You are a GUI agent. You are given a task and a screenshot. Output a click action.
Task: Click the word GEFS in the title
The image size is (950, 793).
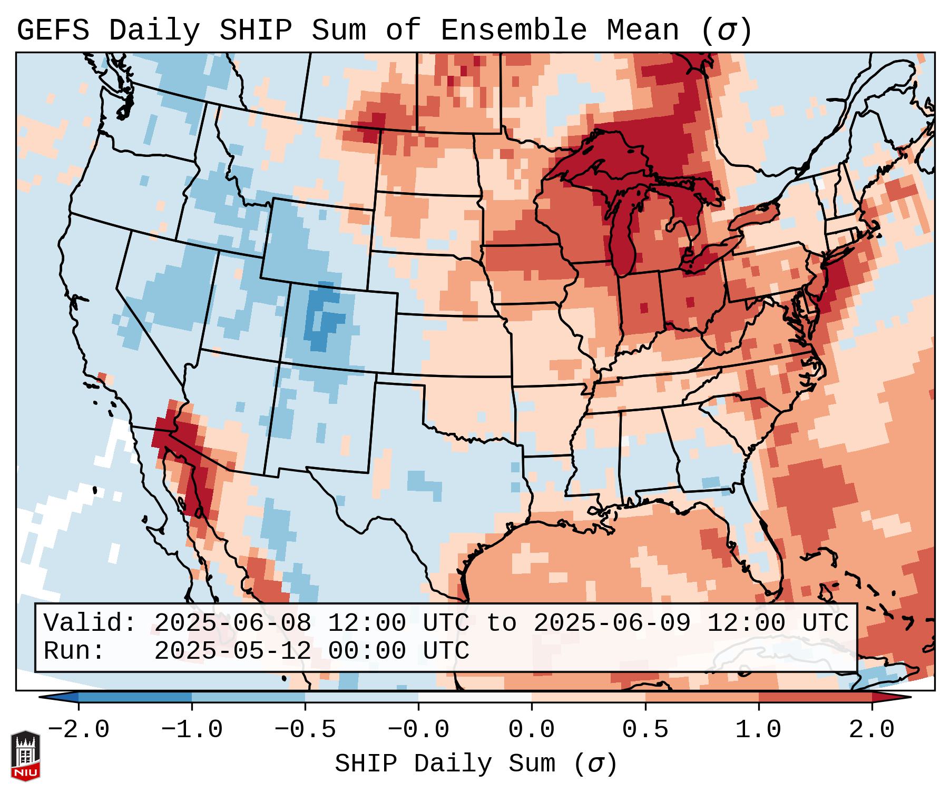(53, 31)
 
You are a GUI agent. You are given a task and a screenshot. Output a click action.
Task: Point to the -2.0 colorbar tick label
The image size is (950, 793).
(79, 730)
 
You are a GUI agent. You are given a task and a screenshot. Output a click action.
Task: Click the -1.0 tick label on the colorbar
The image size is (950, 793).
(192, 730)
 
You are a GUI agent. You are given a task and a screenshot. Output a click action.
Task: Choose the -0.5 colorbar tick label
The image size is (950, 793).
(305, 730)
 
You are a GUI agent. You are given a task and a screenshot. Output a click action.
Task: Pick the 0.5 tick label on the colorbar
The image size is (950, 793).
(645, 730)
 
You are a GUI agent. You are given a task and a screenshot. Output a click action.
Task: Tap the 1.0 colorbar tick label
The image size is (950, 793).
(758, 730)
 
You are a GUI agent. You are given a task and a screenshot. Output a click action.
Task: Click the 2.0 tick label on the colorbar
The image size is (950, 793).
(871, 730)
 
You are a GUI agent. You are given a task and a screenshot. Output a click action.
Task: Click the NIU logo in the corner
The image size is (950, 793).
(25, 756)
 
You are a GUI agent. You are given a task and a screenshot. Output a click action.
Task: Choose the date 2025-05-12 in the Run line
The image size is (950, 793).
(232, 651)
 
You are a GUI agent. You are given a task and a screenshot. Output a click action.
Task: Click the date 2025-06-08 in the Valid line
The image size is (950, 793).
(232, 623)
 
